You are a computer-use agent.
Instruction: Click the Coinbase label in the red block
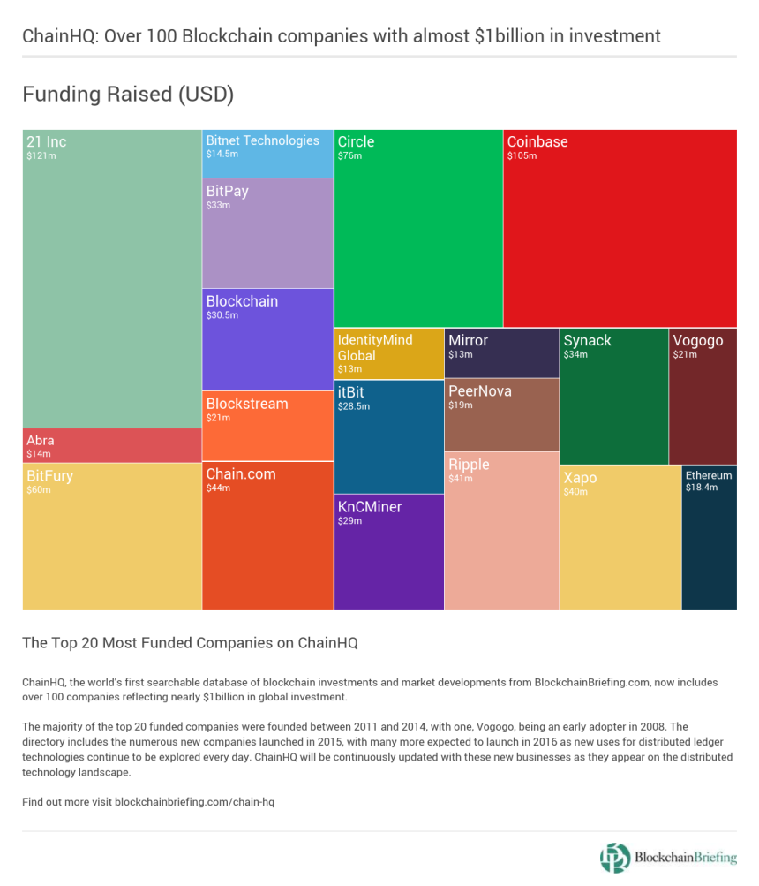click(537, 142)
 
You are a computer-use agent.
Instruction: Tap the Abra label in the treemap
click(40, 441)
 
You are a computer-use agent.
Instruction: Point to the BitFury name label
click(49, 476)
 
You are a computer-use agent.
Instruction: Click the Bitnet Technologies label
click(262, 140)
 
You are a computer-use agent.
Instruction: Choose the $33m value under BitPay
click(218, 205)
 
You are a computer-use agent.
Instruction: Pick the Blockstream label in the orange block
click(247, 404)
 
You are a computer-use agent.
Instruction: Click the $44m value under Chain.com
click(218, 488)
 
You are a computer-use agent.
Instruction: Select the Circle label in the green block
click(356, 141)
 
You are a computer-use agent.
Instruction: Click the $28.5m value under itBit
click(353, 406)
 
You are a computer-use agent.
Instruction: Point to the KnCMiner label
click(369, 507)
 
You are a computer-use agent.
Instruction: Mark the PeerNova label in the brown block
click(479, 391)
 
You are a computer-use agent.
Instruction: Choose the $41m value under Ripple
click(461, 479)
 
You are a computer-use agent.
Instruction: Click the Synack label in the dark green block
click(587, 341)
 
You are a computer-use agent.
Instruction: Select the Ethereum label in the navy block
click(709, 475)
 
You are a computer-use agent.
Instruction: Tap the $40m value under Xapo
click(575, 492)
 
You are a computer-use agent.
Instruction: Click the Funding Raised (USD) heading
click(128, 95)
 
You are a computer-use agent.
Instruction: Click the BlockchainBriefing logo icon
click(615, 857)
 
